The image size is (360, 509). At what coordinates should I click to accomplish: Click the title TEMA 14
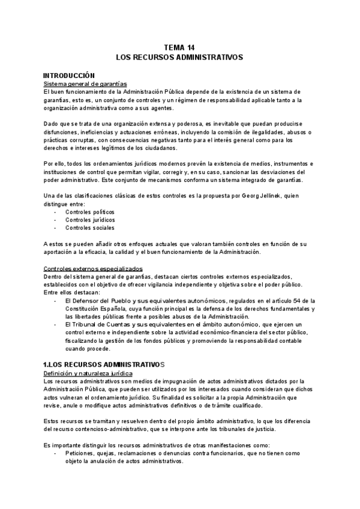click(x=179, y=47)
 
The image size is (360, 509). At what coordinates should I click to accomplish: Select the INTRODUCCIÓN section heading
click(x=70, y=75)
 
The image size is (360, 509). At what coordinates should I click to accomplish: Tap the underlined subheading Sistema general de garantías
click(x=85, y=83)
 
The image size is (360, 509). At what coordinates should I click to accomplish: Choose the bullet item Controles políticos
click(x=89, y=212)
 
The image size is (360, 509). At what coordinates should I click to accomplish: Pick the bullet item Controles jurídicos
click(x=90, y=220)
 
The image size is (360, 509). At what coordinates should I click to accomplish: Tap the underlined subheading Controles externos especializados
click(x=94, y=268)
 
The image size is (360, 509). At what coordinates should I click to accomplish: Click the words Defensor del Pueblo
click(x=99, y=300)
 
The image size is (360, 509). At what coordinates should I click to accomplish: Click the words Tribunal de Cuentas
click(x=99, y=324)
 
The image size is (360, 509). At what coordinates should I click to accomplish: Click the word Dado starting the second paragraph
click(x=52, y=123)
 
